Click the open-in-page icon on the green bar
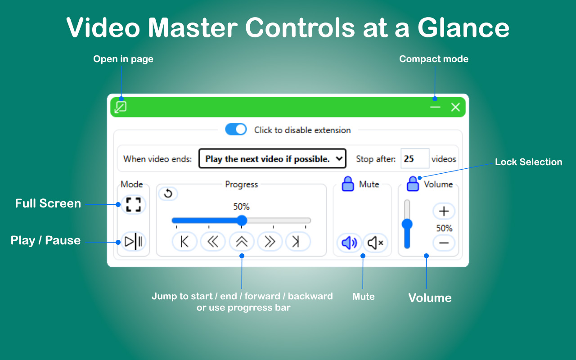[x=121, y=107]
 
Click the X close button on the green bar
[x=455, y=107]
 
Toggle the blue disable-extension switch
[x=236, y=130]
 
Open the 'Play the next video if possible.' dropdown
[x=272, y=159]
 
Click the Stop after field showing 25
[x=414, y=159]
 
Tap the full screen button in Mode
[x=133, y=204]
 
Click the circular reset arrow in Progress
[x=168, y=193]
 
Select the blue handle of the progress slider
[x=242, y=220]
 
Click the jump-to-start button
[x=184, y=242]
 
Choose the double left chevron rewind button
[x=213, y=242]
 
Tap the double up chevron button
[x=242, y=242]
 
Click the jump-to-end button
[x=297, y=242]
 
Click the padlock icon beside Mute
[x=348, y=184]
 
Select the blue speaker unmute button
[x=349, y=243]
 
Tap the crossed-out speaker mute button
[x=375, y=243]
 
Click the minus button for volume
[x=444, y=243]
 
